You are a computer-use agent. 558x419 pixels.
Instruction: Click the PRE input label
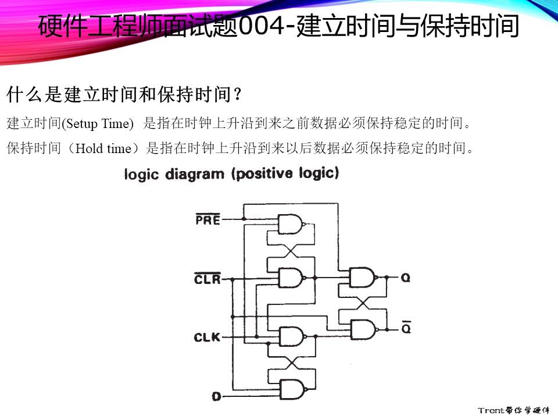208,220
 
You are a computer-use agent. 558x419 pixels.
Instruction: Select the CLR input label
207,279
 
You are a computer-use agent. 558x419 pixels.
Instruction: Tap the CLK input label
207,337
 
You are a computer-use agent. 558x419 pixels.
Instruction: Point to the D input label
216,397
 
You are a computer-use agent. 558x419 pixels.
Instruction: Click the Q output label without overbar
405,278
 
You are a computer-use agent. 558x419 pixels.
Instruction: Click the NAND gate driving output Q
362,278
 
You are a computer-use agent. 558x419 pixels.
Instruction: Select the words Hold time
104,148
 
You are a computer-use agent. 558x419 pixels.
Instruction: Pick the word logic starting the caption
141,175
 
